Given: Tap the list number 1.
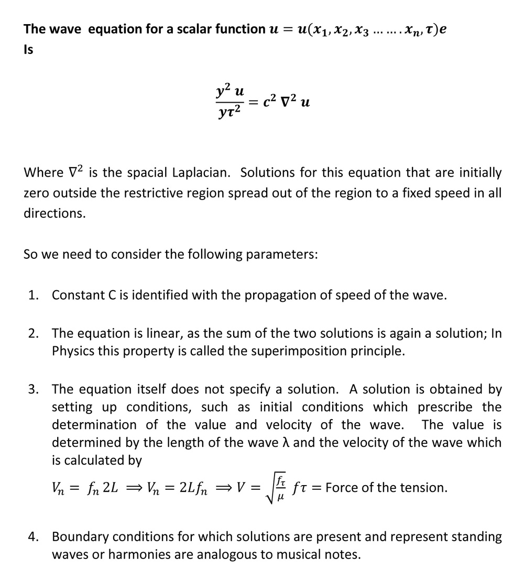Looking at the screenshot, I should coord(33,295).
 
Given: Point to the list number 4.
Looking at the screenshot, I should coord(33,537).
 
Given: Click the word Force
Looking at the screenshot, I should coord(341,488).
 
